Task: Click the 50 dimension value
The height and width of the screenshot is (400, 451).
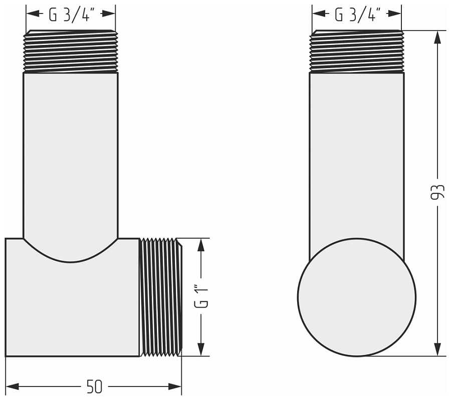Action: coord(94,386)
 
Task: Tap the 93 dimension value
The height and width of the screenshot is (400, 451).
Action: coord(437,191)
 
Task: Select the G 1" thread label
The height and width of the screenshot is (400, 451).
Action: coord(201,296)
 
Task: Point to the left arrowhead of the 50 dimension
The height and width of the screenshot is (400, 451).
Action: coord(12,386)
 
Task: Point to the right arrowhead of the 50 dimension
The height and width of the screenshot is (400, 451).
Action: coord(175,386)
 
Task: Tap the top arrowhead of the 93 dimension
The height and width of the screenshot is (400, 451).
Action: coord(437,37)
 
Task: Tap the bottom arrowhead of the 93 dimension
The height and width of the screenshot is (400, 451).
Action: coord(437,349)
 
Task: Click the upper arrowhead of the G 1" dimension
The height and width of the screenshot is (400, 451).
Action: coord(201,245)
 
